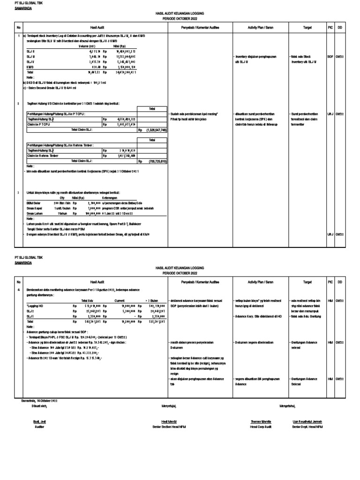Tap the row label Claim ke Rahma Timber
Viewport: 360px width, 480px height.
coord(44,155)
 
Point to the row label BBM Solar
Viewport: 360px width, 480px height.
coord(34,203)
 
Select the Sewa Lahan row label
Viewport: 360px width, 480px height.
coord(35,212)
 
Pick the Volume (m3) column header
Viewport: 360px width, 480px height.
coord(87,46)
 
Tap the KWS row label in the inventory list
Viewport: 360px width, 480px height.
coord(30,67)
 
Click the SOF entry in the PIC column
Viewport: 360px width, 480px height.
coord(330,56)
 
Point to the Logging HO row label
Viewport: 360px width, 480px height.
coord(35,305)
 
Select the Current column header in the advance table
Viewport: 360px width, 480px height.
coord(120,300)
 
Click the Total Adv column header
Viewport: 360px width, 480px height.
coord(88,300)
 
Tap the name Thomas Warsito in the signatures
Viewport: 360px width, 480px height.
coord(261,421)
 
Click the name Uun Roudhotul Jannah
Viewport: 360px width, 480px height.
coord(307,421)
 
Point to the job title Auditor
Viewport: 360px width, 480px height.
coord(39,427)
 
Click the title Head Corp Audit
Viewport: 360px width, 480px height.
coord(261,427)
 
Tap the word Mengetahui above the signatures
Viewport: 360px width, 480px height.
coord(287,405)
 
